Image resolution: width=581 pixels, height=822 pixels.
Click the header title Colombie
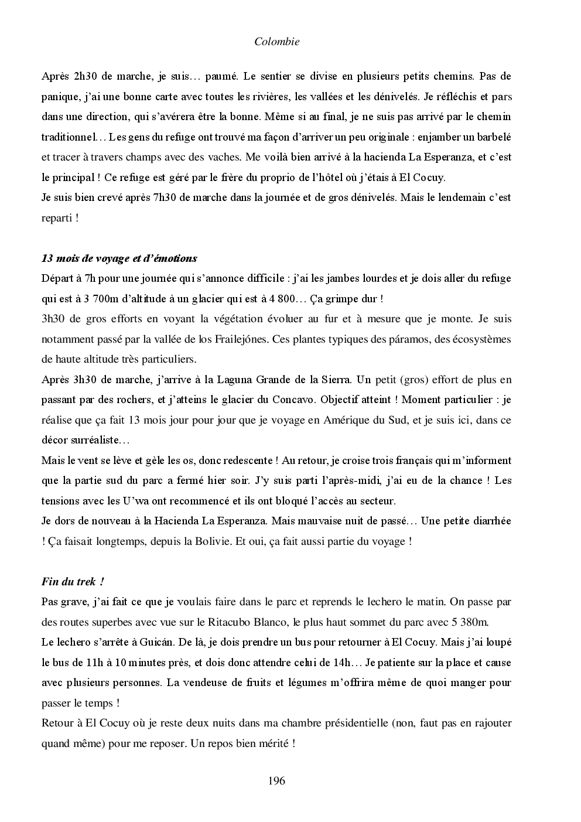coord(277,42)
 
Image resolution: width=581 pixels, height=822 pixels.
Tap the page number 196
coord(276,780)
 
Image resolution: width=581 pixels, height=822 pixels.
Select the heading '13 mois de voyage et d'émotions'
coord(119,258)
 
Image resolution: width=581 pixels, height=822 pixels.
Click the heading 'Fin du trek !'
coord(73,581)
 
